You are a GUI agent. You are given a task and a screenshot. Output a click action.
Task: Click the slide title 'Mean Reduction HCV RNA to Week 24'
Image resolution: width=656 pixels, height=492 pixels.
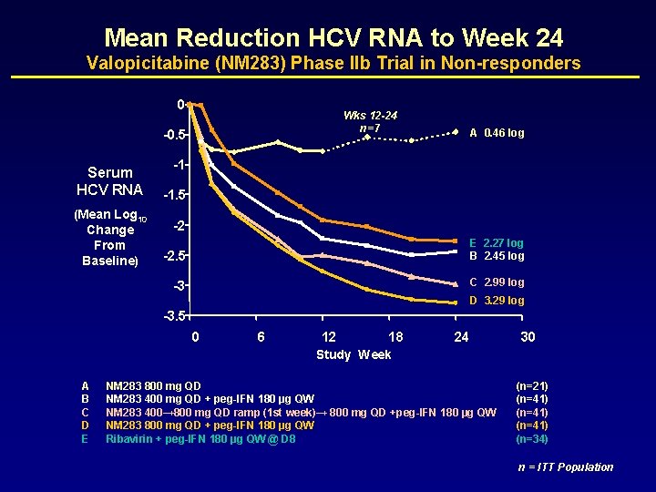[333, 37]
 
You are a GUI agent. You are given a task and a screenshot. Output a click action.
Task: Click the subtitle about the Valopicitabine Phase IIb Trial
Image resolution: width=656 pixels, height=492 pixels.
[333, 64]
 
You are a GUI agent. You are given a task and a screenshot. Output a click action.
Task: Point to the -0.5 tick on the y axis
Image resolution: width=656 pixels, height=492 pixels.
[173, 135]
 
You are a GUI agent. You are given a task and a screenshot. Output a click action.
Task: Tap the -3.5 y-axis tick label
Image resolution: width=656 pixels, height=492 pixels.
[173, 316]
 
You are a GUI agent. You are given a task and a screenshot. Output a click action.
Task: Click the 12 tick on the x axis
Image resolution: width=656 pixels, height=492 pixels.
[328, 337]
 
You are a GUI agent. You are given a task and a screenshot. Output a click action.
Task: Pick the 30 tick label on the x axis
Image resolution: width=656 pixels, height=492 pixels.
[528, 337]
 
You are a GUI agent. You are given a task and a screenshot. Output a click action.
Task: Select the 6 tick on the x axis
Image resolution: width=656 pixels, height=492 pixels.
[261, 337]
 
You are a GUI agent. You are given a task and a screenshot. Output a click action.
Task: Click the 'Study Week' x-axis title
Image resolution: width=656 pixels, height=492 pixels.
[354, 354]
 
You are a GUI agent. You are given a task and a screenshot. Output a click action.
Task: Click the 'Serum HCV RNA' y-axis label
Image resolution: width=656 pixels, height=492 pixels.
[110, 181]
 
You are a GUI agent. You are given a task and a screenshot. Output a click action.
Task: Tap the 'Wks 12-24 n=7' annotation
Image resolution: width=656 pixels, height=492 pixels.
[370, 121]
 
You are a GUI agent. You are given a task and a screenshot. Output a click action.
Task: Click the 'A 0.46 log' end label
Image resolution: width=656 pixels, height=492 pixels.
[497, 133]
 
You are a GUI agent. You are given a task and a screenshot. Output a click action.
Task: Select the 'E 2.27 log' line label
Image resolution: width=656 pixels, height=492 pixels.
[497, 243]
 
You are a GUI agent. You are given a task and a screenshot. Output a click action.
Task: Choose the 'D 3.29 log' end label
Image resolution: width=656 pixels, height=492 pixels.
[497, 301]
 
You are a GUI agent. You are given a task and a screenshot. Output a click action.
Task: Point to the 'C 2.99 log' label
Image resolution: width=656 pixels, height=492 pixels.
[497, 282]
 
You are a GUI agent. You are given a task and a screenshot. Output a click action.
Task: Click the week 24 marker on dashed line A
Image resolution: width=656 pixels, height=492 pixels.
[455, 133]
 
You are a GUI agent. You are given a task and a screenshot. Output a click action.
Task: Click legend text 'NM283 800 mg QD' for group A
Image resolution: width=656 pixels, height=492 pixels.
[154, 386]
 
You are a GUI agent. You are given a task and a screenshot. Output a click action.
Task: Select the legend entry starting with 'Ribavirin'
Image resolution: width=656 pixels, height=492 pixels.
[200, 439]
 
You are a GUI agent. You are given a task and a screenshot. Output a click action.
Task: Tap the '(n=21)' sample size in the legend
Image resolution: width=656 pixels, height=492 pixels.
[531, 386]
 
